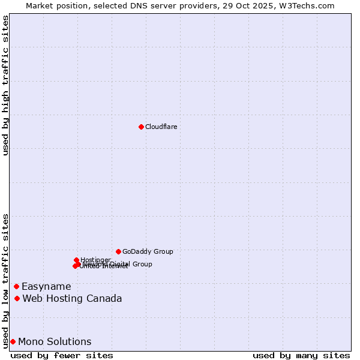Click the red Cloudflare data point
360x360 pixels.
(x=141, y=127)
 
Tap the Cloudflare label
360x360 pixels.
(x=161, y=127)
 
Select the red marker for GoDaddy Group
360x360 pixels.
(x=118, y=251)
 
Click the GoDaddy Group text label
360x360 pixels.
(x=148, y=251)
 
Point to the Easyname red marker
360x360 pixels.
(x=16, y=286)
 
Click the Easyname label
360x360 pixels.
(x=46, y=287)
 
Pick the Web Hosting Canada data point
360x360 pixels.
(x=17, y=298)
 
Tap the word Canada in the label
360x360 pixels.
(x=105, y=299)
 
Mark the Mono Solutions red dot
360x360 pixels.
(x=13, y=341)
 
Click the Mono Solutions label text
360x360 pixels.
(x=55, y=342)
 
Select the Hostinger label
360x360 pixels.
(x=95, y=260)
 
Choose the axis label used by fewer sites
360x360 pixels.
(x=62, y=355)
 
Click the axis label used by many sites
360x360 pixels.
(x=301, y=355)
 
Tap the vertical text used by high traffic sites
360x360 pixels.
(x=5, y=85)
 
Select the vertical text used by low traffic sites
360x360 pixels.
(x=5, y=280)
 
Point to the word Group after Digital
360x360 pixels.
(x=142, y=264)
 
